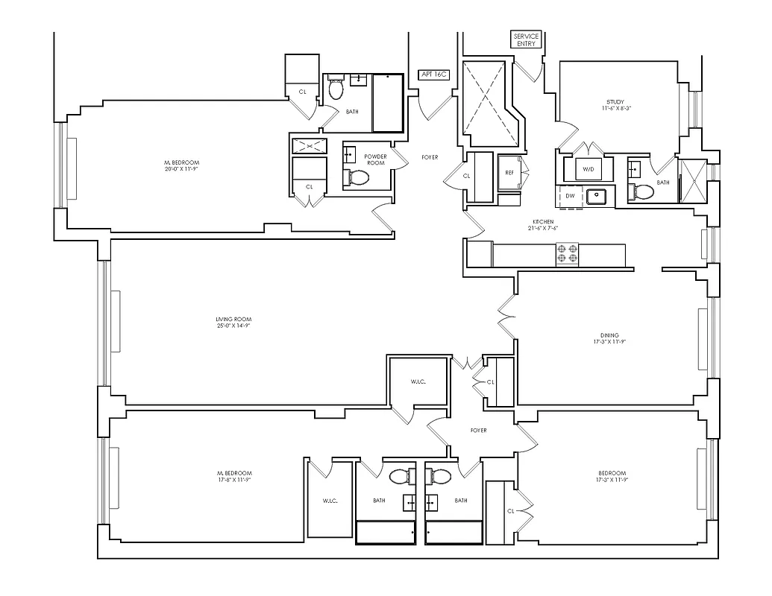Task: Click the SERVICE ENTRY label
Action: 525,39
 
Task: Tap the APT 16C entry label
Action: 433,74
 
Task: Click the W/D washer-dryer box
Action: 589,169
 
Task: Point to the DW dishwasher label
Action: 570,196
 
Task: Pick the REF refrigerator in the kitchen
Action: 509,172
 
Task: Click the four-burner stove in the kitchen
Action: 568,255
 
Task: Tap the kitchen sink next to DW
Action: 597,197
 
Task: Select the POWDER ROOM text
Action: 374,159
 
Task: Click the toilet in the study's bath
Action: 641,192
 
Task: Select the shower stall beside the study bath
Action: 692,180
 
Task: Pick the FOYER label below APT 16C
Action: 430,157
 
